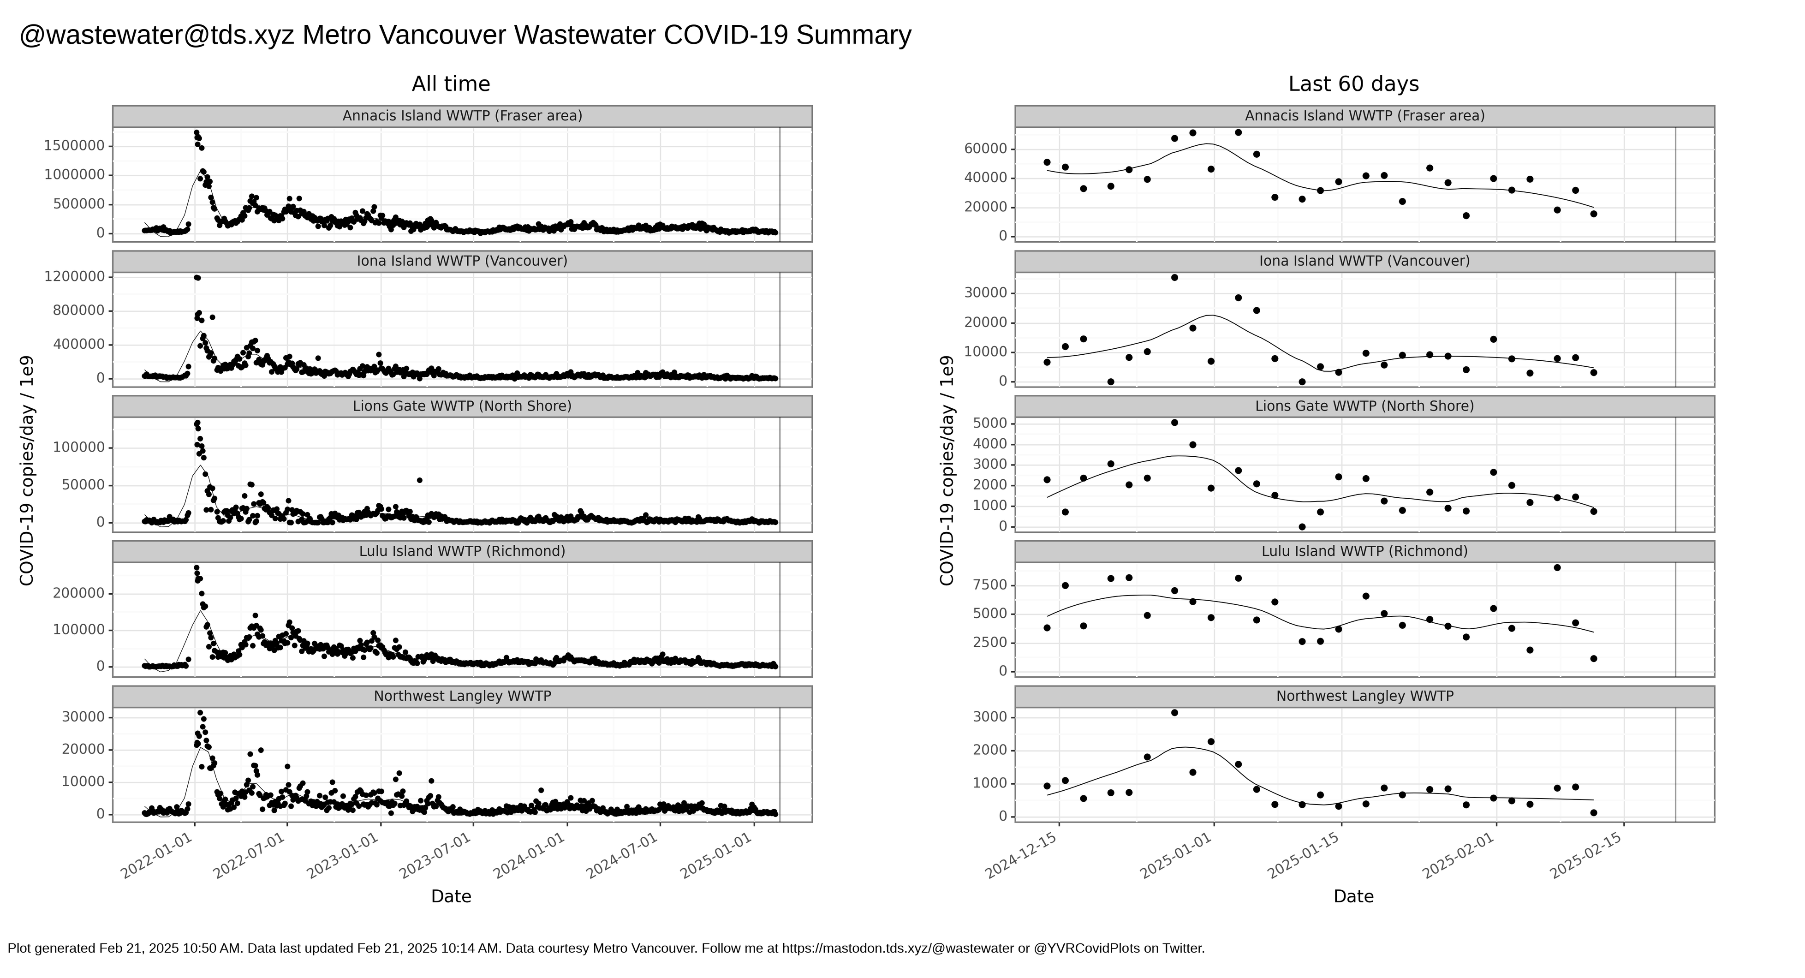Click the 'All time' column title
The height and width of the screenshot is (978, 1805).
pos(451,84)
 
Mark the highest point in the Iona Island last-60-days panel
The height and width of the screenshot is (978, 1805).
pos(1174,277)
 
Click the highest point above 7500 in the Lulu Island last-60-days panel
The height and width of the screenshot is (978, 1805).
pos(1557,567)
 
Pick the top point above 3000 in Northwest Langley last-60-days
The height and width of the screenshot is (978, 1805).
pos(1174,712)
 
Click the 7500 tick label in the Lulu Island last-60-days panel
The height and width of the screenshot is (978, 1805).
pos(989,585)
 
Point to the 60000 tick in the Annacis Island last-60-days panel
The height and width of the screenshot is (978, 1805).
pos(984,149)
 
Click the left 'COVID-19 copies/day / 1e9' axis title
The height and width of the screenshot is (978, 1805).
pos(27,471)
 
